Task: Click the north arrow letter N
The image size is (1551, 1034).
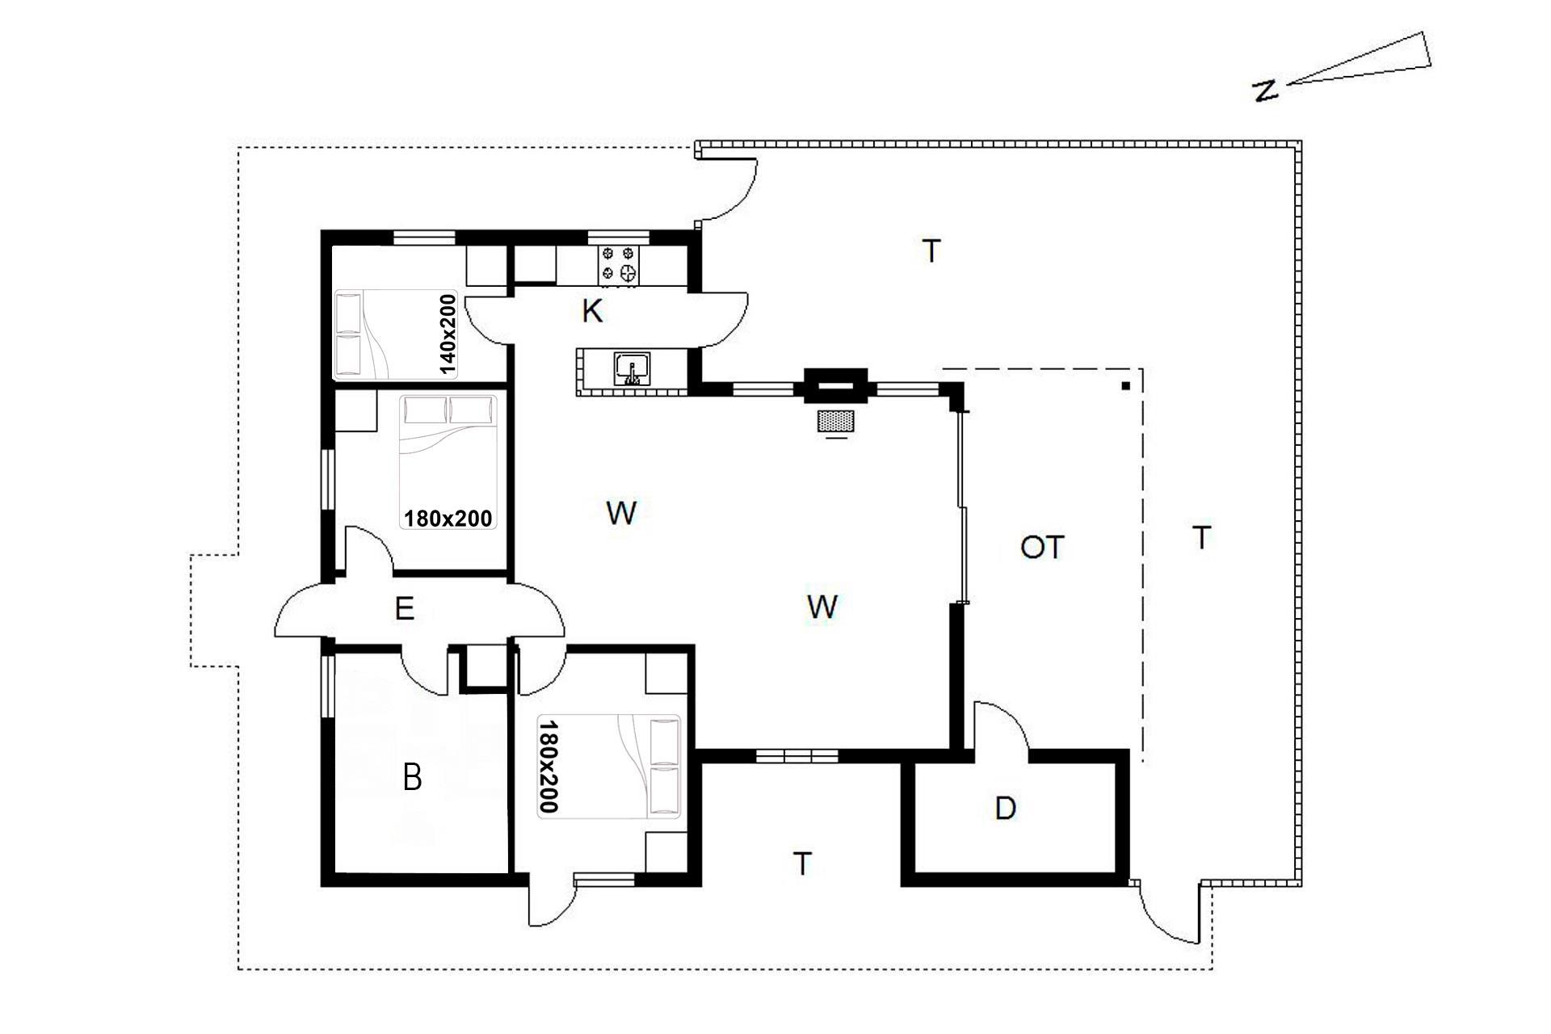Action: tap(1265, 90)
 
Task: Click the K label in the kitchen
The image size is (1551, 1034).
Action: tap(592, 311)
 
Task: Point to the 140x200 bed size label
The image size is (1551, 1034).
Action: tap(448, 334)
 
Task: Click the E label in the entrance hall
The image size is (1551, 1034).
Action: tap(405, 609)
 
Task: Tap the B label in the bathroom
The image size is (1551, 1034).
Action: tap(412, 778)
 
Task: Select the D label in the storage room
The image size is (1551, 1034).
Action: tap(1005, 808)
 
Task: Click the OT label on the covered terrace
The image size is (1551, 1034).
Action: tap(1042, 548)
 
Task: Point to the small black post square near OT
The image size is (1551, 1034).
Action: tap(1125, 386)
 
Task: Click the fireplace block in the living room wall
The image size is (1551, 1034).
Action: tap(835, 385)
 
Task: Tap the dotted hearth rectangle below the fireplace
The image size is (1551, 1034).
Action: tap(836, 421)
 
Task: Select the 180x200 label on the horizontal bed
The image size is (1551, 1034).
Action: tap(448, 517)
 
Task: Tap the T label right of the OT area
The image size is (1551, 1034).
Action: tap(1202, 537)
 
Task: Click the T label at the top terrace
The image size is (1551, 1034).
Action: tap(931, 251)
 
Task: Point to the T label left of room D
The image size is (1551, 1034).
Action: tap(801, 864)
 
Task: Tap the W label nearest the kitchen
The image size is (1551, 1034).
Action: tap(620, 513)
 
